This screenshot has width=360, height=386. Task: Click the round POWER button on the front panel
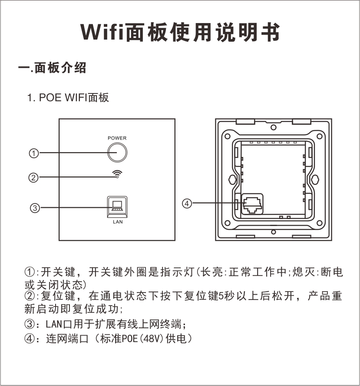pyautogui.click(x=117, y=153)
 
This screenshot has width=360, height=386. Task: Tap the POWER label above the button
pyautogui.click(x=117, y=138)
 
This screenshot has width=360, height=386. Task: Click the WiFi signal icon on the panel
pyautogui.click(x=117, y=173)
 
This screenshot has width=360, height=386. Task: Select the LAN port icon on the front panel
pyautogui.click(x=117, y=207)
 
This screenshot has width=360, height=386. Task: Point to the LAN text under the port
pyautogui.click(x=118, y=222)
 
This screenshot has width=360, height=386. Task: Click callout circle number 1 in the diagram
pyautogui.click(x=34, y=153)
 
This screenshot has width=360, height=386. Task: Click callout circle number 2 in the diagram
pyautogui.click(x=33, y=177)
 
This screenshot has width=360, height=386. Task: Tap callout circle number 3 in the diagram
pyautogui.click(x=35, y=208)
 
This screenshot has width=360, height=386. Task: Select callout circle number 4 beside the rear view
pyautogui.click(x=187, y=203)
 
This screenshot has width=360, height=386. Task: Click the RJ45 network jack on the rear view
pyautogui.click(x=252, y=204)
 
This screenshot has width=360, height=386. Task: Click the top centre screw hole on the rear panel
pyautogui.click(x=273, y=127)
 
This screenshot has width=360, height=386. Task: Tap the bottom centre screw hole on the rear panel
pyautogui.click(x=273, y=232)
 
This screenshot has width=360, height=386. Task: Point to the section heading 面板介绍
pyautogui.click(x=60, y=68)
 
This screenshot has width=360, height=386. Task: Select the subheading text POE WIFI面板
pyautogui.click(x=74, y=97)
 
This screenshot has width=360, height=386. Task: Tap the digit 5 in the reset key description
pyautogui.click(x=221, y=296)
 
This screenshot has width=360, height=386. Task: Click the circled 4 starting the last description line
pyautogui.click(x=29, y=339)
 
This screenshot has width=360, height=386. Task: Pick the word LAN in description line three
pyautogui.click(x=54, y=324)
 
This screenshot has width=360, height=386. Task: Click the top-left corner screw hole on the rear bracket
pyautogui.click(x=228, y=136)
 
